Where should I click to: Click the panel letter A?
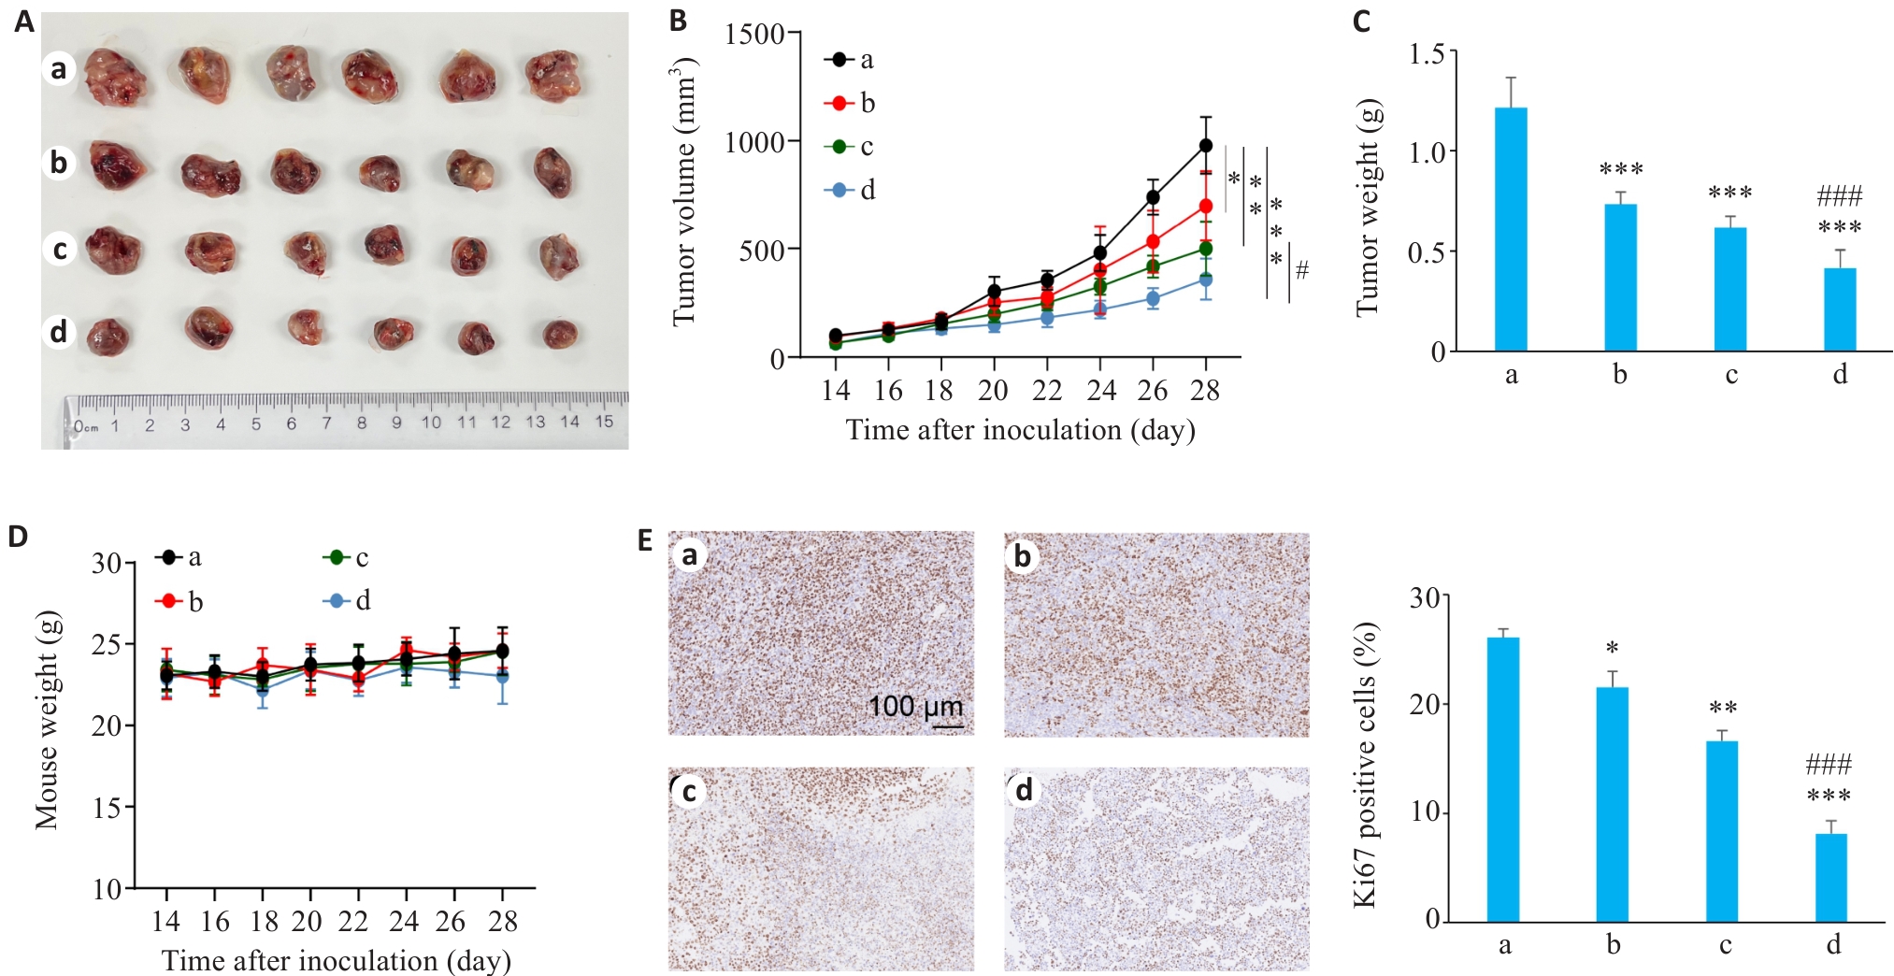pos(24,22)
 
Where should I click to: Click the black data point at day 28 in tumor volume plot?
pos(1206,146)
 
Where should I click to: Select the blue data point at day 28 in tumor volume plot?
pos(1206,280)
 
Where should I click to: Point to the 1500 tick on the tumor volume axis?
pos(754,34)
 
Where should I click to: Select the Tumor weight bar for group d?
pos(1840,309)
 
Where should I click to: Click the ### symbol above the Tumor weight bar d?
pos(1839,196)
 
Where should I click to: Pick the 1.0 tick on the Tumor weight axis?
pos(1426,151)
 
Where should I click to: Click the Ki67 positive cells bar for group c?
pos(1722,831)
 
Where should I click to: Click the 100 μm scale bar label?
pos(914,706)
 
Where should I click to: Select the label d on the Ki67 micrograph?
pos(1024,791)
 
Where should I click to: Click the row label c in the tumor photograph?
pos(60,250)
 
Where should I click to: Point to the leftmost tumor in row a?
pos(114,77)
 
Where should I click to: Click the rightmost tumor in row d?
pos(560,334)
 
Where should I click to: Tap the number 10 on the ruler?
pos(431,423)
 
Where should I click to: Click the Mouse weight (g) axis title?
pos(47,720)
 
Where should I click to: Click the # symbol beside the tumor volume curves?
pos(1301,271)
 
